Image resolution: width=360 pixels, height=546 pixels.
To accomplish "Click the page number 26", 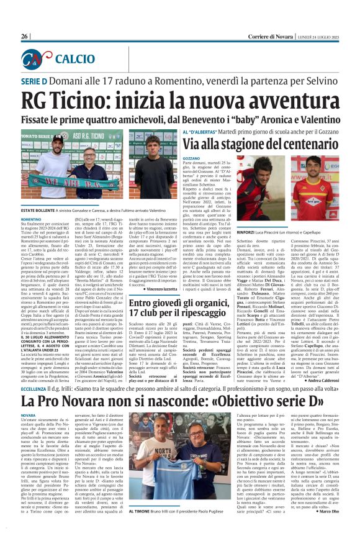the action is tap(25, 37).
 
